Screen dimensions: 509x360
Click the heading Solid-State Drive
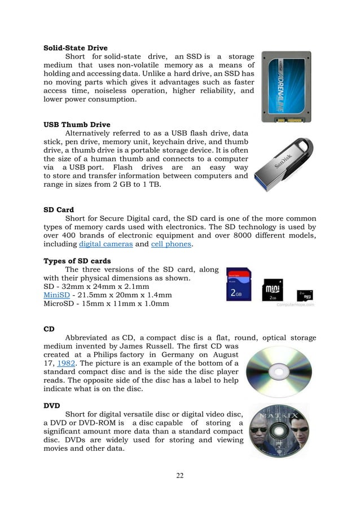pyautogui.click(x=75, y=48)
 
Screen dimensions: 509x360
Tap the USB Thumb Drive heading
pyautogui.click(x=76, y=124)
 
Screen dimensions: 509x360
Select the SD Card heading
pyautogui.click(x=59, y=209)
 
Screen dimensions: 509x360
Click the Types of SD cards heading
pyautogui.click(x=77, y=261)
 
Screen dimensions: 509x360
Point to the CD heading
pyautogui.click(x=50, y=328)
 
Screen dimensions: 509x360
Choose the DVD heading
pyautogui.click(x=52, y=405)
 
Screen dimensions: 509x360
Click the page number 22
pyautogui.click(x=179, y=475)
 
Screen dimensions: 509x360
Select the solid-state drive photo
pyautogui.click(x=285, y=87)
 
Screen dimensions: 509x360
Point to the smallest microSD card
pyautogui.click(x=304, y=295)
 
